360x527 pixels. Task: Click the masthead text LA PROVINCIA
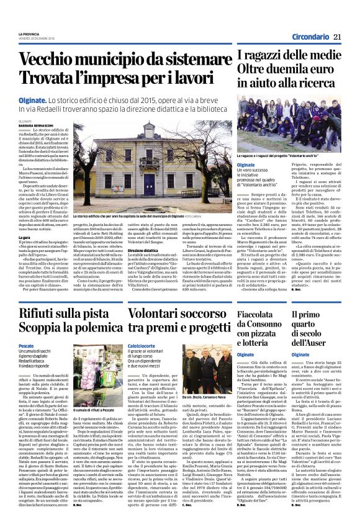click(x=29, y=34)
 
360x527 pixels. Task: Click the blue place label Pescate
click(x=25, y=345)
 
